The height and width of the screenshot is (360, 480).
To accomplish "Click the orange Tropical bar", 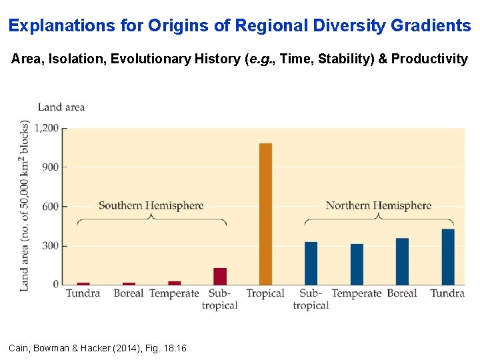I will click(x=265, y=214).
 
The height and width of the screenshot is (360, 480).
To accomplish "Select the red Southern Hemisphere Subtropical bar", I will click(x=220, y=277).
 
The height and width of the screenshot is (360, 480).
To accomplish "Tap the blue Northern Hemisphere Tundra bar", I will click(x=448, y=257).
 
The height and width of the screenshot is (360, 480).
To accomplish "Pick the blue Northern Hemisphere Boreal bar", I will click(x=402, y=261).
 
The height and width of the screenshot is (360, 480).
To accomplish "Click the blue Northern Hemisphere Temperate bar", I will click(x=357, y=265).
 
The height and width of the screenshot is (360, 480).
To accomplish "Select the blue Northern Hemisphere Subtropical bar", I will click(x=311, y=263).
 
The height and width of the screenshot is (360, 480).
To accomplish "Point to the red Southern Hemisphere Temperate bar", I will click(x=174, y=283).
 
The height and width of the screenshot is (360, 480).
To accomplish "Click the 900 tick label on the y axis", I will click(x=51, y=167).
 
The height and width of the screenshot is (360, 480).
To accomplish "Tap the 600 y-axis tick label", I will click(x=51, y=207).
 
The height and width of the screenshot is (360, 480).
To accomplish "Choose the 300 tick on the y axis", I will click(x=51, y=246).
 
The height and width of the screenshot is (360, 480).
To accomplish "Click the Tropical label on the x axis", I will click(x=265, y=293).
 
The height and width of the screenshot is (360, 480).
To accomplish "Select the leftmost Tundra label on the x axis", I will click(x=83, y=293).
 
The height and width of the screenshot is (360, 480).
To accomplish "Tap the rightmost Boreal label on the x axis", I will click(x=402, y=293).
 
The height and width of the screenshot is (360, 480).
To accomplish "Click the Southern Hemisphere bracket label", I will click(x=151, y=205).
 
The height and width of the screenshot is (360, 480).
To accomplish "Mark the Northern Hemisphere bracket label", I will click(x=379, y=205).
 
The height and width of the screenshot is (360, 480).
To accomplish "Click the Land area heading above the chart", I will click(x=61, y=107).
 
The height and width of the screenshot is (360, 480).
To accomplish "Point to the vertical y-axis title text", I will click(x=25, y=205).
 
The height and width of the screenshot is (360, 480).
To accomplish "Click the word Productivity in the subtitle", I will click(x=429, y=59).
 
